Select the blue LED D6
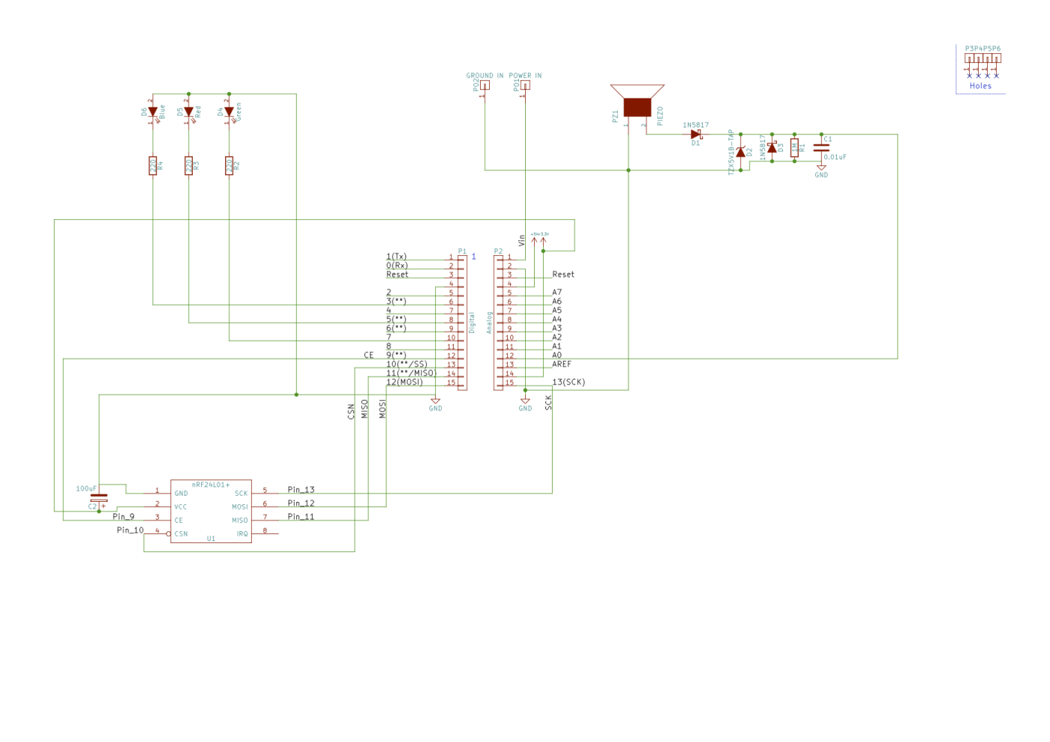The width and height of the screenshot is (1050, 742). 153,112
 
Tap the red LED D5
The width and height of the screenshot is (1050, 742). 189,112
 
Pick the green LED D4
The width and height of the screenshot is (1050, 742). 229,112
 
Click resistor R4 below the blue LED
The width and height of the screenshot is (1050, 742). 153,166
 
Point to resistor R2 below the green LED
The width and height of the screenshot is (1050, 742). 229,166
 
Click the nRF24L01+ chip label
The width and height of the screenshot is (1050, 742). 211,485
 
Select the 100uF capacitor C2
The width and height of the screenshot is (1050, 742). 99,498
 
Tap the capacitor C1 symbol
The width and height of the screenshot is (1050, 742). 821,148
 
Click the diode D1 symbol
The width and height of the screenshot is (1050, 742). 696,134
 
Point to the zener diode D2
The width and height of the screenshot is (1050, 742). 741,152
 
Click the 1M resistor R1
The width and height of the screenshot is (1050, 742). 794,148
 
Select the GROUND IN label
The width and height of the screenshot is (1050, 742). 484,76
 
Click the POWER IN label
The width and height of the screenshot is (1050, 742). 525,76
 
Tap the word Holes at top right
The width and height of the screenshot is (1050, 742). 980,86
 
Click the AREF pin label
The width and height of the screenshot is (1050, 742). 562,365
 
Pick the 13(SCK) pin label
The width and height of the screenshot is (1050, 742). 568,382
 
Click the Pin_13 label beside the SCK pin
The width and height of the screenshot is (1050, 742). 301,490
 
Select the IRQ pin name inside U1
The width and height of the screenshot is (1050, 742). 242,534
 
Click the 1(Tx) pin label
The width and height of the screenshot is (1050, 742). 396,257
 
